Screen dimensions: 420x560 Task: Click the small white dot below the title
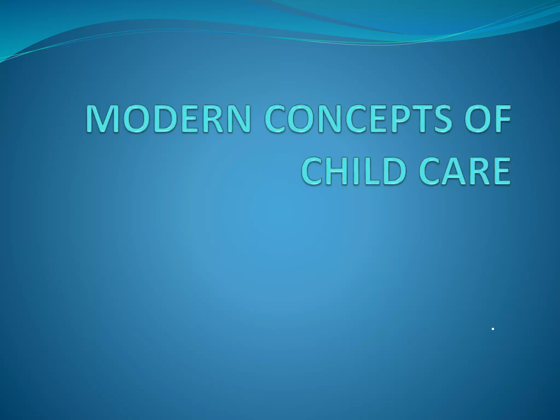(x=492, y=329)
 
